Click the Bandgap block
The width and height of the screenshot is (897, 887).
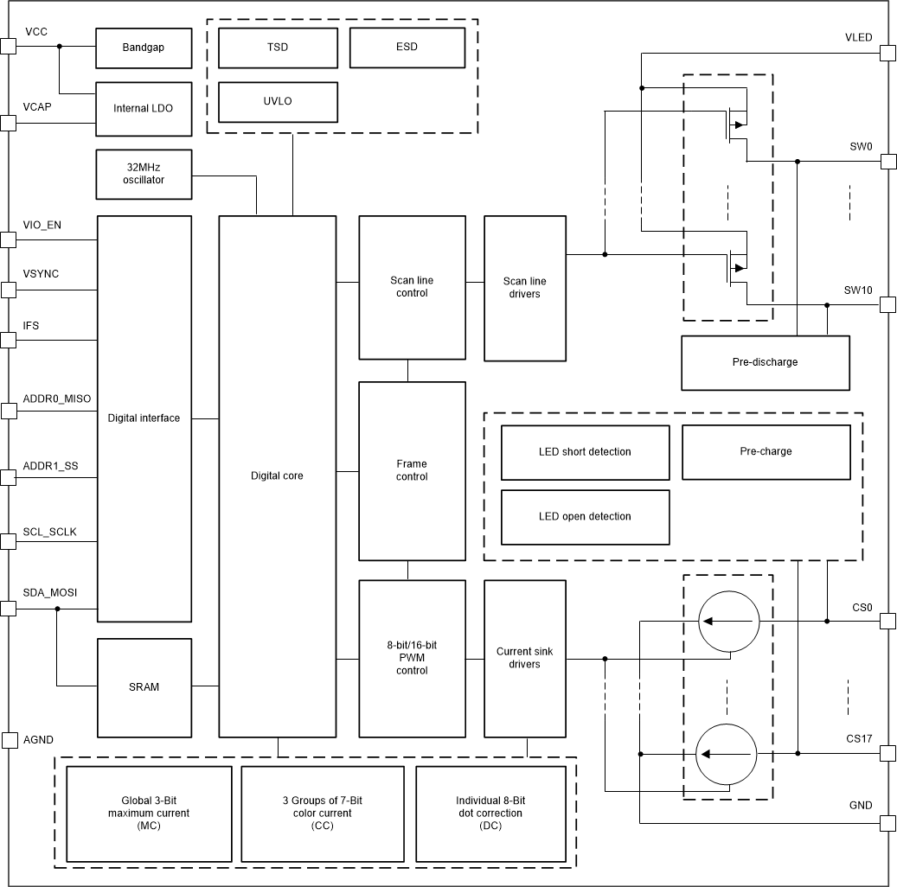pyautogui.click(x=143, y=48)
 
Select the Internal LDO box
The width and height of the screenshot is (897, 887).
pyautogui.click(x=143, y=109)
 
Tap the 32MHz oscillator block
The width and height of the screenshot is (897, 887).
pyautogui.click(x=143, y=174)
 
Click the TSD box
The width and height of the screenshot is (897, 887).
pyautogui.click(x=277, y=47)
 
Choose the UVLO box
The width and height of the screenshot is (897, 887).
pyautogui.click(x=277, y=101)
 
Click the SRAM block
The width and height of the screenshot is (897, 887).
pyautogui.click(x=143, y=686)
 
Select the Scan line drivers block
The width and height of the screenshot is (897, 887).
pyautogui.click(x=524, y=288)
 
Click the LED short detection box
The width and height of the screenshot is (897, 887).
pyautogui.click(x=585, y=452)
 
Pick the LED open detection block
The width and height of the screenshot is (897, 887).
pyautogui.click(x=585, y=517)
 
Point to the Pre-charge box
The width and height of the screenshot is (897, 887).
pyautogui.click(x=766, y=452)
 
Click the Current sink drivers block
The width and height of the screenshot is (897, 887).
pyautogui.click(x=524, y=658)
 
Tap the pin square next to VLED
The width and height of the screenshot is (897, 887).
pyautogui.click(x=887, y=53)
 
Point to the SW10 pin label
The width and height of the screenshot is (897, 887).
pyautogui.click(x=858, y=290)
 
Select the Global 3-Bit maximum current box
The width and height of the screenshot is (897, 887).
pyautogui.click(x=149, y=814)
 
